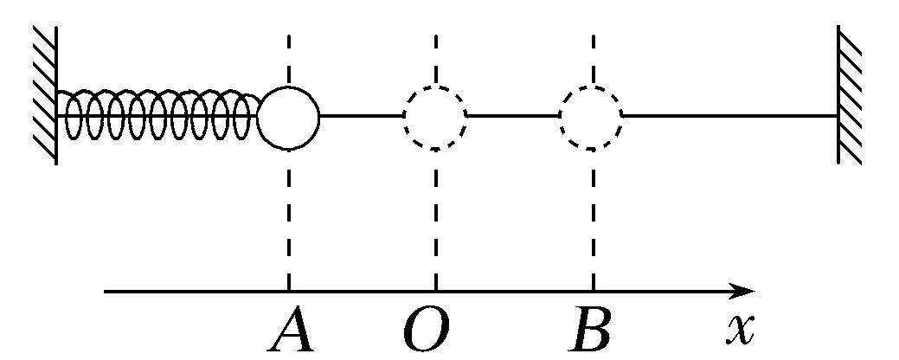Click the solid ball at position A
289,116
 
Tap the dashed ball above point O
435,116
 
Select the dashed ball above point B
592,116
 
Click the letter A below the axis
291,331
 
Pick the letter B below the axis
591,331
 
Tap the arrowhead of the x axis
744,292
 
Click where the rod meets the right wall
837,116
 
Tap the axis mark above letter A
289,292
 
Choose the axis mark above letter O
435,292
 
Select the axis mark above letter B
593,292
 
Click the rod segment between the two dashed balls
513,116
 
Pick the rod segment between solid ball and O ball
362,116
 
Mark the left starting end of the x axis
106,292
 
